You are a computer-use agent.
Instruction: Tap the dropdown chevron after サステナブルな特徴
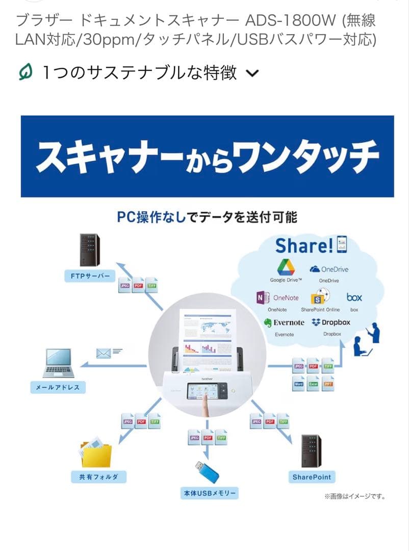pyautogui.click(x=252, y=74)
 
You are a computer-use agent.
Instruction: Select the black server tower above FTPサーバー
pyautogui.click(x=90, y=250)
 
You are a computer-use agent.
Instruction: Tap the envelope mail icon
pyautogui.click(x=104, y=352)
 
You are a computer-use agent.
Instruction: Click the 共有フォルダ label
pyautogui.click(x=98, y=477)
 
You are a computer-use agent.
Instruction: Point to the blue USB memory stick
pyautogui.click(x=207, y=472)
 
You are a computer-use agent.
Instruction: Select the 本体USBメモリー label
pyautogui.click(x=210, y=493)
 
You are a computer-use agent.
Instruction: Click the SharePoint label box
pyautogui.click(x=312, y=477)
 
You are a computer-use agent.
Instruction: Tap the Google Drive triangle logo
pyautogui.click(x=286, y=267)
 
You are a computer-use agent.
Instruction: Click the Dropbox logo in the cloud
pyautogui.click(x=316, y=322)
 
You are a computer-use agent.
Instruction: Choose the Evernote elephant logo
pyautogui.click(x=268, y=323)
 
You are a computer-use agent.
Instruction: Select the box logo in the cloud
pyautogui.click(x=354, y=297)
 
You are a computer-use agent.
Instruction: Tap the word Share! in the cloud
pyautogui.click(x=304, y=246)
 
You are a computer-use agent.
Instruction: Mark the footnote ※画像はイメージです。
pyautogui.click(x=354, y=496)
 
